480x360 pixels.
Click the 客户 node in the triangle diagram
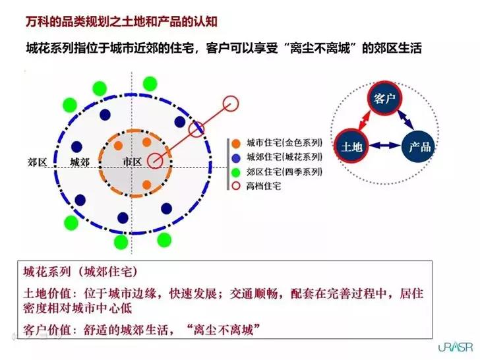click(384, 98)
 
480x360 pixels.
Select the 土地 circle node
click(351, 146)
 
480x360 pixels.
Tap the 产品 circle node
click(419, 146)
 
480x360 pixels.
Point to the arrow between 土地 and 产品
click(385, 146)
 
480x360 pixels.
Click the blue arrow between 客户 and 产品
click(406, 120)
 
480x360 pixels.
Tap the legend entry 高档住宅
click(256, 186)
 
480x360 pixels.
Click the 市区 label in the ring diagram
click(132, 162)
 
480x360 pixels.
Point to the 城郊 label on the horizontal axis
click(80, 162)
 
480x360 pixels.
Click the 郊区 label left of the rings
click(38, 162)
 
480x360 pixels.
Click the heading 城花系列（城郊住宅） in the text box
click(80, 272)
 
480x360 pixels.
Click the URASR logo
click(456, 347)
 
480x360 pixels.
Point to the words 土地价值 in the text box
click(47, 293)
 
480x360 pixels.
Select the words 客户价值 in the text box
click(47, 330)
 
